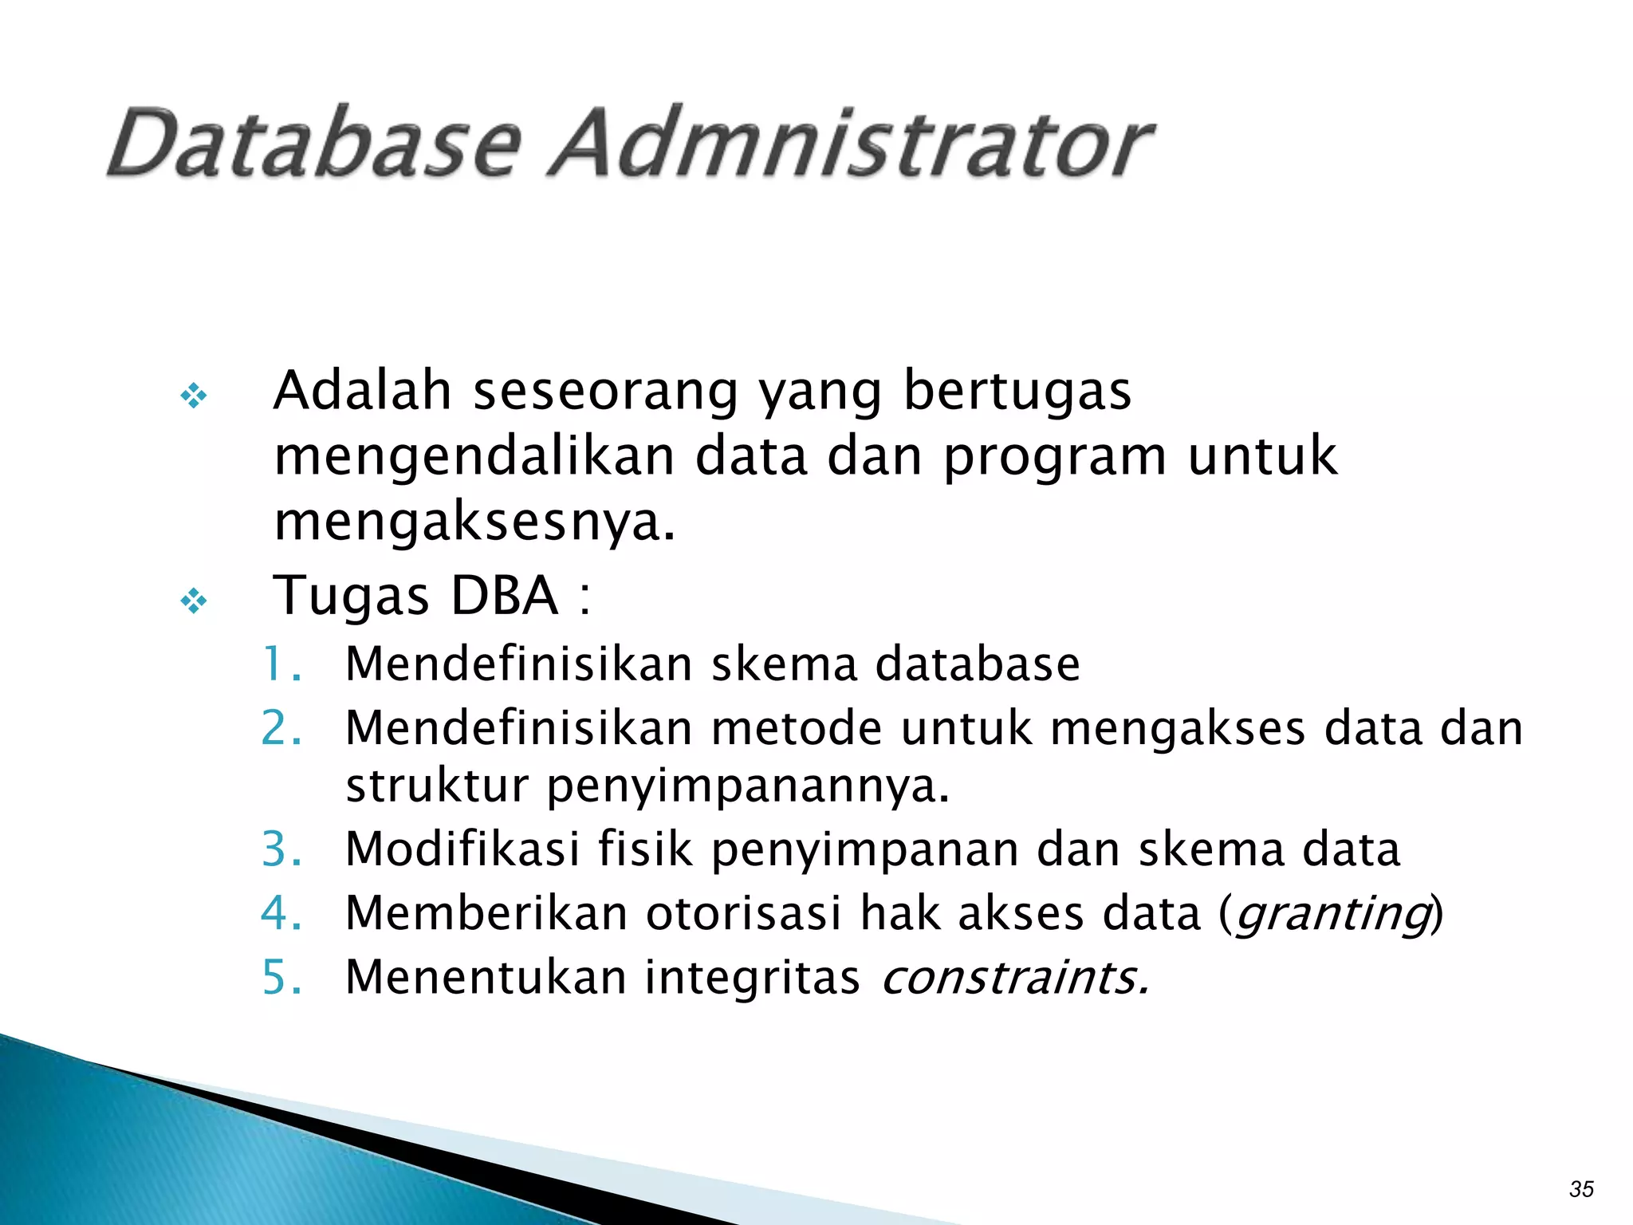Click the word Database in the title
pyautogui.click(x=314, y=144)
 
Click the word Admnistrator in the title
pyautogui.click(x=852, y=144)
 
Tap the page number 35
pyautogui.click(x=1581, y=1189)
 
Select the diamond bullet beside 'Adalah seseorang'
pyautogui.click(x=194, y=396)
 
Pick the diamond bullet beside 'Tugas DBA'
pyautogui.click(x=194, y=601)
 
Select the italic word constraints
pyautogui.click(x=1014, y=977)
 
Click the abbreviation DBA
pyautogui.click(x=504, y=596)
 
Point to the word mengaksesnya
pyautogui.click(x=474, y=523)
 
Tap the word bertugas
pyautogui.click(x=1017, y=392)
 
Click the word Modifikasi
pyautogui.click(x=462, y=849)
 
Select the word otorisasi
pyautogui.click(x=743, y=913)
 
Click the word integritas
pyautogui.click(x=752, y=977)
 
